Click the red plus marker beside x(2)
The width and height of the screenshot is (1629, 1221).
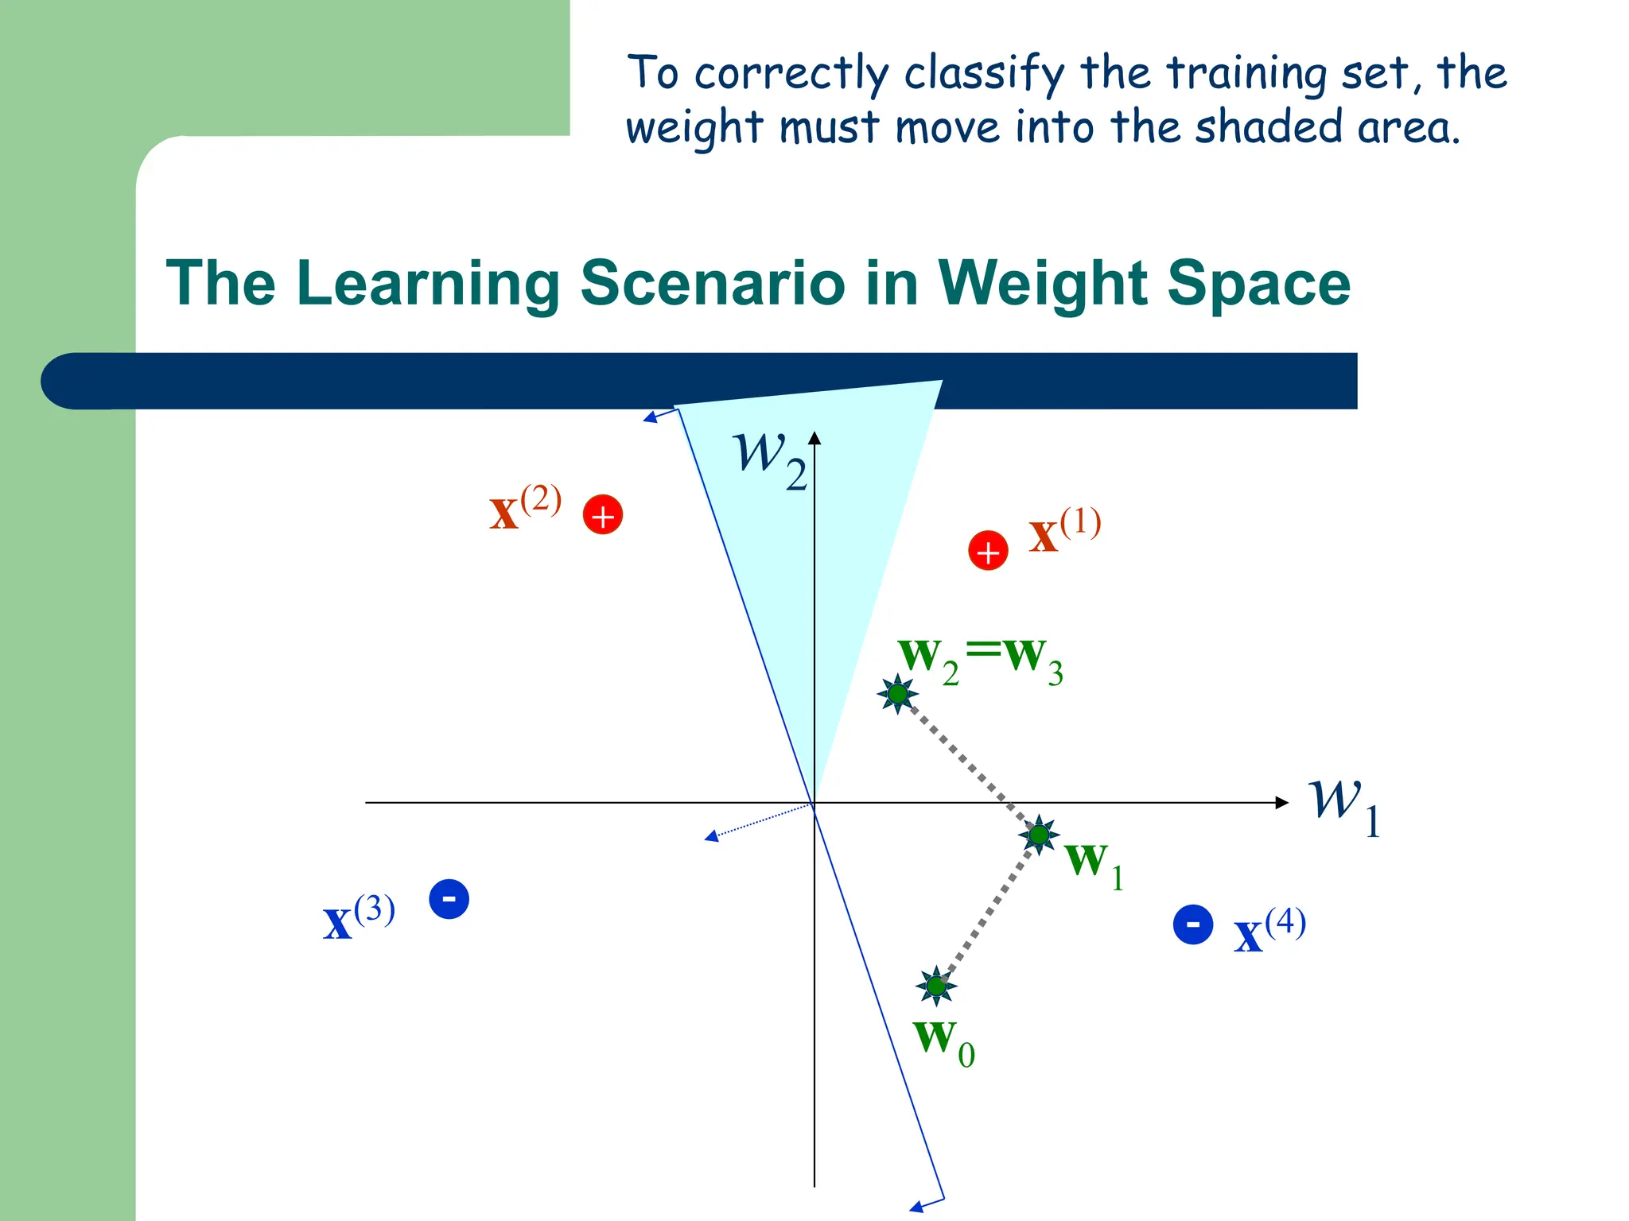tap(603, 514)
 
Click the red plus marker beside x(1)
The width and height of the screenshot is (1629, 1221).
tap(988, 551)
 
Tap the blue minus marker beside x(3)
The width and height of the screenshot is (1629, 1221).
tap(449, 899)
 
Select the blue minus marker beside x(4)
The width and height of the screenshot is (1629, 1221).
tap(1192, 924)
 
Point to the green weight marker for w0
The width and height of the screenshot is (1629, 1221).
tap(936, 986)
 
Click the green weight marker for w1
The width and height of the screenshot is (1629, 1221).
tap(1039, 835)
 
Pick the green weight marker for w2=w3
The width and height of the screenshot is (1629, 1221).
tap(898, 694)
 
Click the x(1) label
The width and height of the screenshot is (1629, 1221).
tap(1064, 530)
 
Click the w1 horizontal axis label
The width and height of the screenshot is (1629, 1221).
tap(1344, 806)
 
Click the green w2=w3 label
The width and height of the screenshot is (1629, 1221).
tap(980, 661)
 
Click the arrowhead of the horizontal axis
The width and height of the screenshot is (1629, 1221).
tap(1283, 803)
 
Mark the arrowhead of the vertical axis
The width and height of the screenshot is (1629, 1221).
tap(814, 438)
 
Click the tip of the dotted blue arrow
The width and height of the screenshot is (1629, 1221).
tap(708, 837)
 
